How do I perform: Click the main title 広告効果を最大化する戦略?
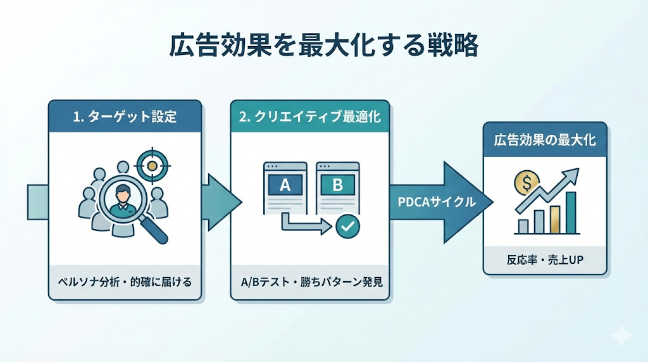[323, 46]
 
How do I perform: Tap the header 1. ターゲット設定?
[125, 116]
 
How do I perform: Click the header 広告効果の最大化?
[545, 139]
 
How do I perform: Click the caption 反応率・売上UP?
[545, 259]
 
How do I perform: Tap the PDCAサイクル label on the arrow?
[437, 203]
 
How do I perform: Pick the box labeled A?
[284, 185]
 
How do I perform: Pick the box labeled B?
[337, 185]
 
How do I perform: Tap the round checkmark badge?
[347, 226]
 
